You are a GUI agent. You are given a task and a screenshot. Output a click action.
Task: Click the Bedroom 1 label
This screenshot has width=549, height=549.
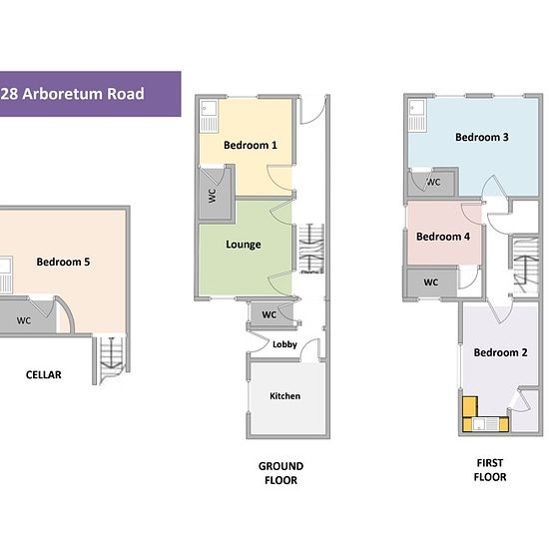(x=251, y=145)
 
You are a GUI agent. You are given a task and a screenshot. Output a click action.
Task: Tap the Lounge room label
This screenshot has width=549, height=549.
(x=244, y=245)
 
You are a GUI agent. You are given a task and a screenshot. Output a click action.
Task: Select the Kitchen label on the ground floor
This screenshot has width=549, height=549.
(x=285, y=396)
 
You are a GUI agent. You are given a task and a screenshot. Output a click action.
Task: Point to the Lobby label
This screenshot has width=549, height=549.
(x=284, y=344)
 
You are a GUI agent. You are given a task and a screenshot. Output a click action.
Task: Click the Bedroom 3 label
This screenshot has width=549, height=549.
(x=482, y=137)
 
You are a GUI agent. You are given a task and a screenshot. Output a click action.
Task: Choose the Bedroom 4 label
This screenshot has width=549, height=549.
(x=443, y=237)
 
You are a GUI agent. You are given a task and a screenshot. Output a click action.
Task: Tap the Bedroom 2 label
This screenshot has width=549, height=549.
(x=500, y=352)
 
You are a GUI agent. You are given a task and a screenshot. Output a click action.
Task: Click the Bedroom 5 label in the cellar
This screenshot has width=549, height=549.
(x=63, y=262)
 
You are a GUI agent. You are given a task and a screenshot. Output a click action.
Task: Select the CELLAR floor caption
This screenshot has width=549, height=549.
(x=43, y=374)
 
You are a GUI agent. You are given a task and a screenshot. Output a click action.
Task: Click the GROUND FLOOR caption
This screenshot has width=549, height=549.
(x=280, y=473)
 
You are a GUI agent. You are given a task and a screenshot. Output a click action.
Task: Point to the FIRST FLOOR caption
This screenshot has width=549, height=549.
(x=490, y=470)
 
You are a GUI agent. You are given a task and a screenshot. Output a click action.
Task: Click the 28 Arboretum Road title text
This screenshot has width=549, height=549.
(x=72, y=94)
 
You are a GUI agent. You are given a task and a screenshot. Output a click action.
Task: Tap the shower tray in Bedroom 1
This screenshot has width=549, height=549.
(x=209, y=116)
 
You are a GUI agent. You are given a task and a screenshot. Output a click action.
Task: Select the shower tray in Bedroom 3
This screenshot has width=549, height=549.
(x=417, y=116)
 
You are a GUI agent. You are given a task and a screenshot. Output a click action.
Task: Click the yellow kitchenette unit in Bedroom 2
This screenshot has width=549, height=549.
(x=485, y=414)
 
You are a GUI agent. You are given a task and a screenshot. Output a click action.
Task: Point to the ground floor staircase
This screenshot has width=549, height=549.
(x=310, y=249)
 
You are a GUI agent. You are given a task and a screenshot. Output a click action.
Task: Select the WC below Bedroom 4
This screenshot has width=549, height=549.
(x=431, y=282)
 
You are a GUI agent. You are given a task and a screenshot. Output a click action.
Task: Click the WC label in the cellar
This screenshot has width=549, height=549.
(x=24, y=320)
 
